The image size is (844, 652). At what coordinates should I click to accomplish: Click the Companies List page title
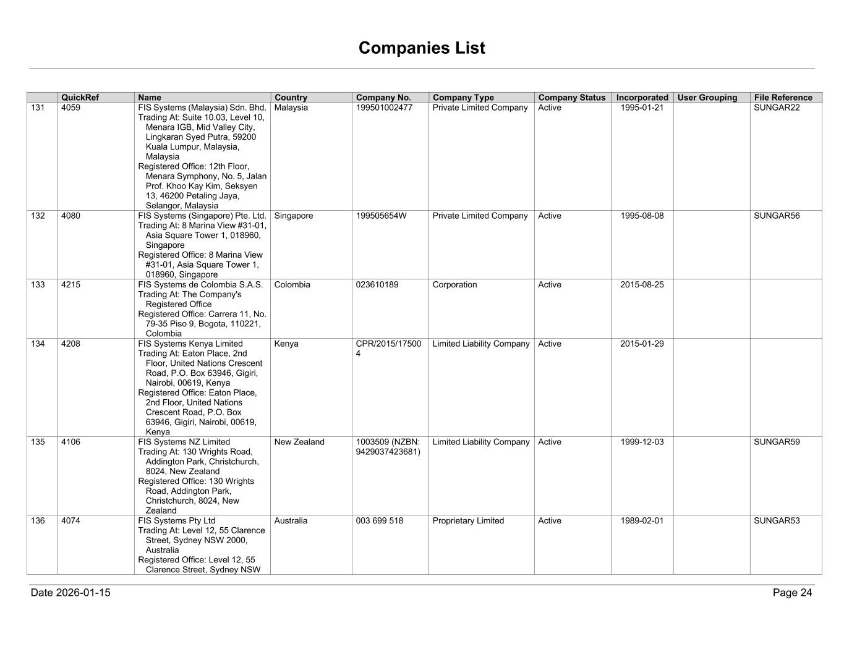point(422,48)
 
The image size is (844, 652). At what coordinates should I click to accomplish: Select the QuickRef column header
point(80,98)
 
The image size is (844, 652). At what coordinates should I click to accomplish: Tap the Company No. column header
point(383,98)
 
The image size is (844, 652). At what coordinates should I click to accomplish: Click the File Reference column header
point(783,98)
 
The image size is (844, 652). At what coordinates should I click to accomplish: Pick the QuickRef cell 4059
point(70,108)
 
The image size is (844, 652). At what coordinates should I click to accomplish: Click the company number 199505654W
point(381,216)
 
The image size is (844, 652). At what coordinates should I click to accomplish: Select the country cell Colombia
point(292,285)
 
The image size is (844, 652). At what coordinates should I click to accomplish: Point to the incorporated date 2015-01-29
point(642,344)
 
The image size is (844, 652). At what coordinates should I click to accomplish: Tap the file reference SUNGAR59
point(777,442)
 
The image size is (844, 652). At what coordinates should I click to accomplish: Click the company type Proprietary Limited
point(468,520)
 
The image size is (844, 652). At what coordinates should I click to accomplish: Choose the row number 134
point(38,344)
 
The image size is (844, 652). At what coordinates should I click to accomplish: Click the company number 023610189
point(377,285)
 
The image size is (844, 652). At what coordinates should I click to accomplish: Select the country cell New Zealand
point(299,442)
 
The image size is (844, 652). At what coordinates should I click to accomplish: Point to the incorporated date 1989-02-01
point(642,520)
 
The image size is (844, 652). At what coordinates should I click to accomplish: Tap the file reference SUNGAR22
point(777,108)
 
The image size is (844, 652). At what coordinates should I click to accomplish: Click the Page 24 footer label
point(792,593)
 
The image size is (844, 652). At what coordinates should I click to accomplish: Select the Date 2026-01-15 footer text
point(70,593)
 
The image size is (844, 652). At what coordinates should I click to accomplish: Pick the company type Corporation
point(454,285)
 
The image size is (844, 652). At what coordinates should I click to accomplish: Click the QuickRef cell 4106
point(70,442)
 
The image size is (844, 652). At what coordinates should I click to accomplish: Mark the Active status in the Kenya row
point(550,344)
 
